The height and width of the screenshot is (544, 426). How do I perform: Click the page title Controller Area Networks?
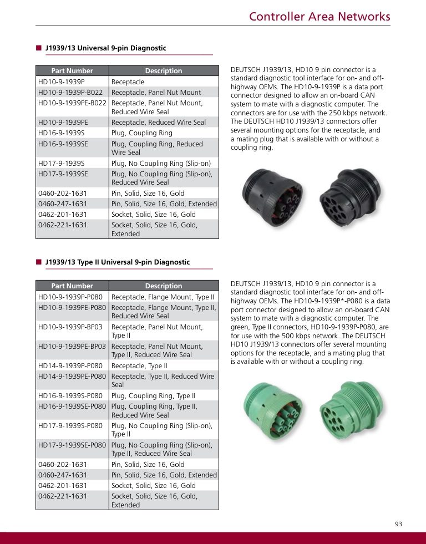tap(319, 17)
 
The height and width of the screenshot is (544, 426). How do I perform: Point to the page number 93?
tap(398, 524)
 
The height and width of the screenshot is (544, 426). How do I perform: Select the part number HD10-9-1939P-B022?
tap(70, 93)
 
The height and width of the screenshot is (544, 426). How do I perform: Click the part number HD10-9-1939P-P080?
tap(70, 297)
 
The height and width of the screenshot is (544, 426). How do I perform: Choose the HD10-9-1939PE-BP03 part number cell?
tap(72, 347)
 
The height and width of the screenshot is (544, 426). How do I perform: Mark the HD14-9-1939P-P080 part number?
tap(70, 366)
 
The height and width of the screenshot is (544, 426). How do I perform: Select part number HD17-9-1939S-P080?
tap(70, 426)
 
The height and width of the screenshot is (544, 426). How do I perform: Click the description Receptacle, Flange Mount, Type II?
tap(163, 297)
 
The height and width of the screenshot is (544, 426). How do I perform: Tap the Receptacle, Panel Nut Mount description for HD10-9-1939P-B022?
tap(156, 93)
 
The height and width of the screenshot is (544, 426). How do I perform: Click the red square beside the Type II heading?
tap(39, 262)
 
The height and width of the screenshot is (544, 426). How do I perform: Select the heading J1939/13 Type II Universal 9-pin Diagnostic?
tap(117, 262)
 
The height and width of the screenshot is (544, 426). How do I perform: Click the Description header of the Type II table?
tap(164, 286)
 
